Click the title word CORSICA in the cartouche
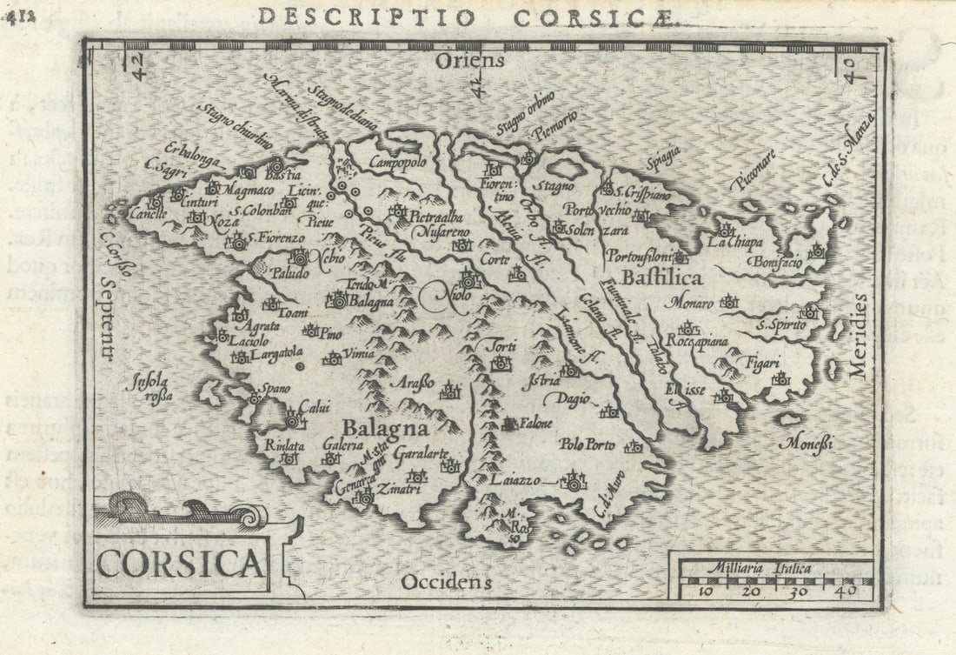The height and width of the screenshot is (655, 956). click(x=180, y=563)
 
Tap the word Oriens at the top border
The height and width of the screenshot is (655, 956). click(x=470, y=60)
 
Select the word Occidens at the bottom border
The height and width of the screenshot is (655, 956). click(x=446, y=581)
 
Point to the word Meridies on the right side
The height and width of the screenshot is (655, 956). click(x=859, y=335)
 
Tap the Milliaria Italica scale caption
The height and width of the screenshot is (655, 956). click(x=759, y=569)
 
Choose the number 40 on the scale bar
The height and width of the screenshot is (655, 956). click(x=846, y=591)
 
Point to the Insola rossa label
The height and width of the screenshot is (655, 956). click(x=149, y=388)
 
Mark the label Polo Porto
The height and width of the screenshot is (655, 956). click(x=587, y=444)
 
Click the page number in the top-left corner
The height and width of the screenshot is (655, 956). click(x=17, y=19)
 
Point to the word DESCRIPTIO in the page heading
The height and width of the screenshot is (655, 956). click(x=366, y=17)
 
